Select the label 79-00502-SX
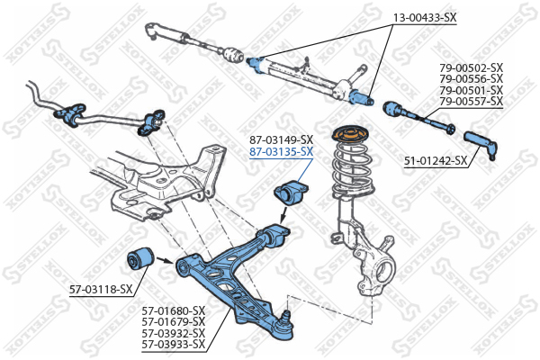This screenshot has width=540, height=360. (x=471, y=67)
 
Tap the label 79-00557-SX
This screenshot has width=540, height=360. (x=471, y=102)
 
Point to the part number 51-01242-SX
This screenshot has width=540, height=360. (x=436, y=161)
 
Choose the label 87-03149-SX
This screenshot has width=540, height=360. (x=281, y=139)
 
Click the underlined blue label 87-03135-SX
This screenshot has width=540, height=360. (x=281, y=151)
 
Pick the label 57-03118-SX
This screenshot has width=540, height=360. (x=101, y=289)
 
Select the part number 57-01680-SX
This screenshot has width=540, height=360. (x=174, y=310)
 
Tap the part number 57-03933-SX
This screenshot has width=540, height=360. (x=174, y=344)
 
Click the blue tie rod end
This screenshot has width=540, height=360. (x=480, y=140)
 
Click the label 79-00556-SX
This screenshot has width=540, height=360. (x=471, y=79)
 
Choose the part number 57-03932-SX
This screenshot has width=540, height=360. (x=174, y=333)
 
